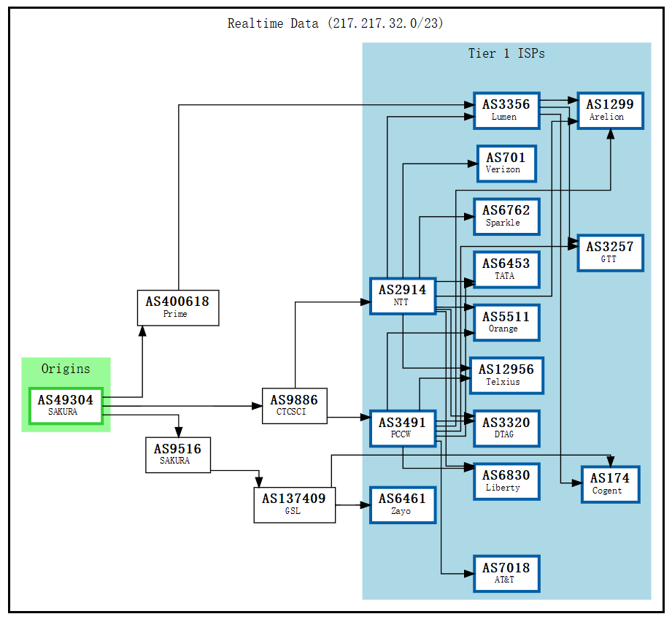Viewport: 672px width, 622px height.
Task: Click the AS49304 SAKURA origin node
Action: click(66, 406)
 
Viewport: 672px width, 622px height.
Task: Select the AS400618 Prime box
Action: click(178, 307)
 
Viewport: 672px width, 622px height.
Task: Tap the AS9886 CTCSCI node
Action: click(294, 406)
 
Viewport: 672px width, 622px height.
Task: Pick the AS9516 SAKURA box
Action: click(178, 454)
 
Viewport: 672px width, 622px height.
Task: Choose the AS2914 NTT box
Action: click(402, 296)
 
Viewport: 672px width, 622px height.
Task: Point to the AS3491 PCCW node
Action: click(402, 429)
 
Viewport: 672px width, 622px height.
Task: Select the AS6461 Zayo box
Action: click(402, 504)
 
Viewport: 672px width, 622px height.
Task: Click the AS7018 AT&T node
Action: click(506, 573)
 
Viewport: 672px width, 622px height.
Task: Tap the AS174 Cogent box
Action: click(610, 484)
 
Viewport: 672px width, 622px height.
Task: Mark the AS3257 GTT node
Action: click(610, 253)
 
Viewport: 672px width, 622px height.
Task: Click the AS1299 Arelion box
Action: click(610, 110)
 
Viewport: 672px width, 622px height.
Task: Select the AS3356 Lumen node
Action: click(506, 110)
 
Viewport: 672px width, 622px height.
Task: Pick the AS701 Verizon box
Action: click(506, 163)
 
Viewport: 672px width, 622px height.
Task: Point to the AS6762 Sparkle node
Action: click(506, 216)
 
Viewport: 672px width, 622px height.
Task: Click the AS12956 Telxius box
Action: click(506, 375)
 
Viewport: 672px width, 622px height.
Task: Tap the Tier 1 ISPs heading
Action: click(506, 53)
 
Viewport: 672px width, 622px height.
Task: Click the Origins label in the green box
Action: click(66, 369)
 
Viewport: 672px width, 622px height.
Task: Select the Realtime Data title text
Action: click(335, 23)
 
